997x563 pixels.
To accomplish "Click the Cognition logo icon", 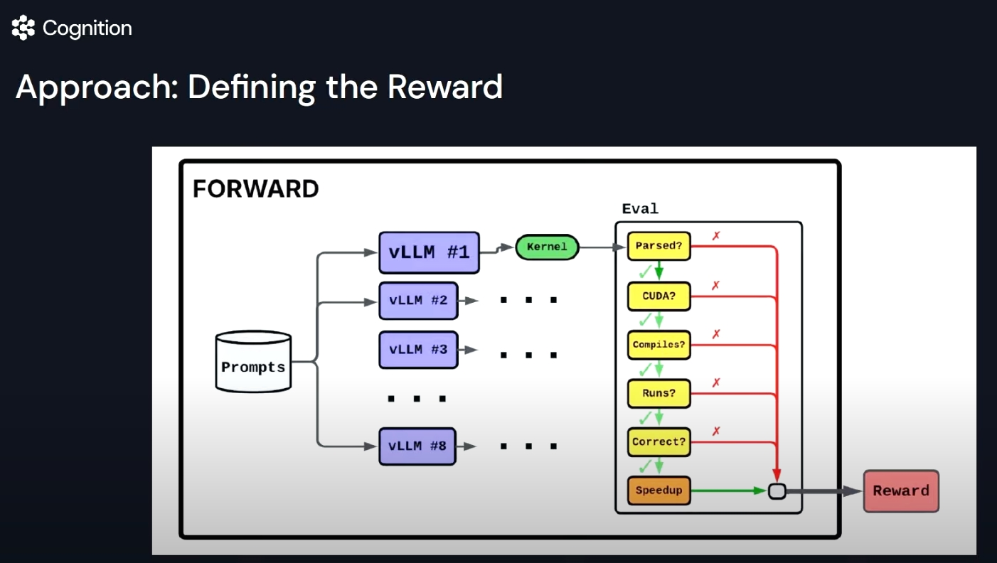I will point(23,28).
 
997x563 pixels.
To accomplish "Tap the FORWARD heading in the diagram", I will point(256,189).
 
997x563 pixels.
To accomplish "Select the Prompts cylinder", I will point(253,362).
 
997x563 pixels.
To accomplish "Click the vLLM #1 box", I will point(429,252).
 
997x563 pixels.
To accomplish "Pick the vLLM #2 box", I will point(418,300).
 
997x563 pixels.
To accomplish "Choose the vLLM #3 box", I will point(418,350).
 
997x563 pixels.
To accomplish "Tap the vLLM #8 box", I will point(417,446).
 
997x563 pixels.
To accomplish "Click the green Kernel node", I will point(547,247).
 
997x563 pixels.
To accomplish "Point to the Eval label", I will point(640,209).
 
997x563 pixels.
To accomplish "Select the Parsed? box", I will point(659,246).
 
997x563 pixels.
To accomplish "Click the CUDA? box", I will point(659,296).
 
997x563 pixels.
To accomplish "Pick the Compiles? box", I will point(659,345).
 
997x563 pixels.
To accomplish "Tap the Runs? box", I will point(659,393).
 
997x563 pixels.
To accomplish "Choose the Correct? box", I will point(659,441).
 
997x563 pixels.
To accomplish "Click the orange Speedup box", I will point(659,490).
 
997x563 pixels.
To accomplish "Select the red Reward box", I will point(901,490).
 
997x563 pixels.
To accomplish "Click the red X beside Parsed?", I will point(716,236).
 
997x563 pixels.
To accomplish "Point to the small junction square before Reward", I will point(777,490).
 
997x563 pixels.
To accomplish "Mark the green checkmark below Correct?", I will point(646,466).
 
